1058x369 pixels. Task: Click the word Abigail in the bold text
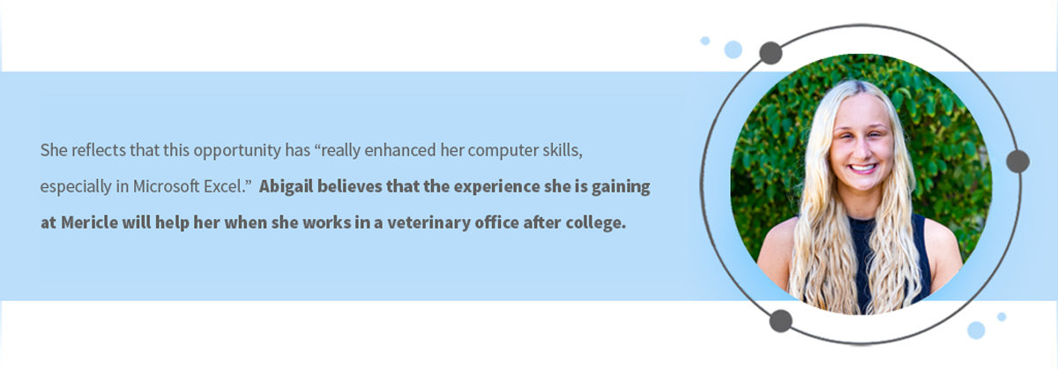click(x=286, y=187)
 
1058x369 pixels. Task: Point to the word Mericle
click(x=89, y=222)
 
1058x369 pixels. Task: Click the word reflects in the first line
click(x=98, y=150)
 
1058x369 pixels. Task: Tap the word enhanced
click(x=400, y=150)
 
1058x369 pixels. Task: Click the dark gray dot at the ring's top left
click(x=771, y=53)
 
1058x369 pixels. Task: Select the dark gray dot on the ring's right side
click(x=1017, y=162)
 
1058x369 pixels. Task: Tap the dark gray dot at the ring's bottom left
click(x=781, y=321)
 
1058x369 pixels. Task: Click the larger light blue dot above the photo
click(x=733, y=49)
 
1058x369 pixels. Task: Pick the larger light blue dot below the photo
click(x=976, y=330)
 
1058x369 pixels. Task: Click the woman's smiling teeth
click(x=863, y=168)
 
